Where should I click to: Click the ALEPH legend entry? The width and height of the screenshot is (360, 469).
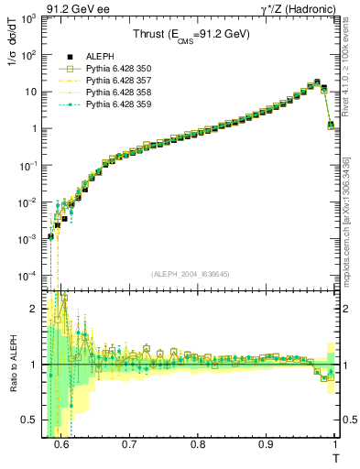95,57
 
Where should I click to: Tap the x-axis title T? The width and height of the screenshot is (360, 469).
336,457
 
